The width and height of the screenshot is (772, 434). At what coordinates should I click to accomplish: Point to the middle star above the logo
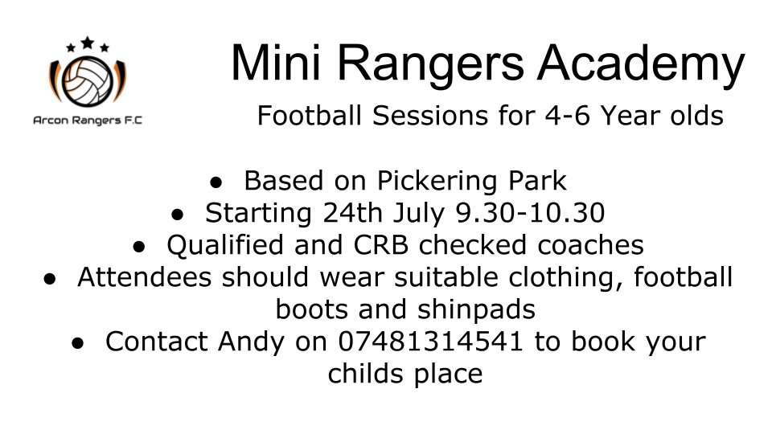pos(86,42)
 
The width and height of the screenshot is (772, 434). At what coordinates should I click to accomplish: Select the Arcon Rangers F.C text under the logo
pos(87,121)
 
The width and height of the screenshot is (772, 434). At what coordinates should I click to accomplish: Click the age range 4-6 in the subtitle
pos(540,117)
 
